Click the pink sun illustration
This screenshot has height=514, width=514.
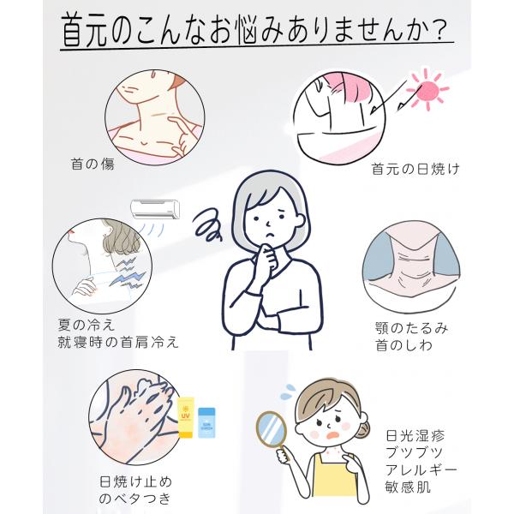427,89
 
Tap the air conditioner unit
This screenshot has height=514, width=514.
155,209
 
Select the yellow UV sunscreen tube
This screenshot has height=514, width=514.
186,417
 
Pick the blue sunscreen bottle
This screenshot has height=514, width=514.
206,422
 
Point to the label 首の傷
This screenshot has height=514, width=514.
93,164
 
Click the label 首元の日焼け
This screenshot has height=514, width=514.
415,169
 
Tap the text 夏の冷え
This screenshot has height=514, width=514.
87,325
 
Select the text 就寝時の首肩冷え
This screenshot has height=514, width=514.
118,342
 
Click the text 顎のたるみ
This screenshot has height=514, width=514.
412,328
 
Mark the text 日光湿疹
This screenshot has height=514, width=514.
415,436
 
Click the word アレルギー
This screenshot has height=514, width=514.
421,470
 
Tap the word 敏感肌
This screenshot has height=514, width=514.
408,487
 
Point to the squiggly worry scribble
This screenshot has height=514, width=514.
208,226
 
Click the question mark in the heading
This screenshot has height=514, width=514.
440,31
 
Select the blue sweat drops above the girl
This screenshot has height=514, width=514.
289,391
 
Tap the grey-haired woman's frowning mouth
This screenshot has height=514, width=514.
270,235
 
